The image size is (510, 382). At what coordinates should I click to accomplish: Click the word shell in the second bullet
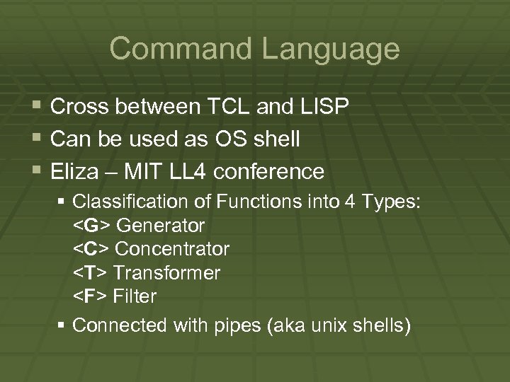(x=276, y=139)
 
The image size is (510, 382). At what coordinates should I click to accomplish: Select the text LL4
(x=189, y=172)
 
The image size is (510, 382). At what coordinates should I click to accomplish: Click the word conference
(x=272, y=172)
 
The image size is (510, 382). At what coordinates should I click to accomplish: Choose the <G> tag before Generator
(x=92, y=226)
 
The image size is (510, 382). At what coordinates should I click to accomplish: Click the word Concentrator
(x=171, y=250)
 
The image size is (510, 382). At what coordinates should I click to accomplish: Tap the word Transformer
(x=166, y=273)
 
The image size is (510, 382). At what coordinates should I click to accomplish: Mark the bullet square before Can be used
(x=38, y=139)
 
